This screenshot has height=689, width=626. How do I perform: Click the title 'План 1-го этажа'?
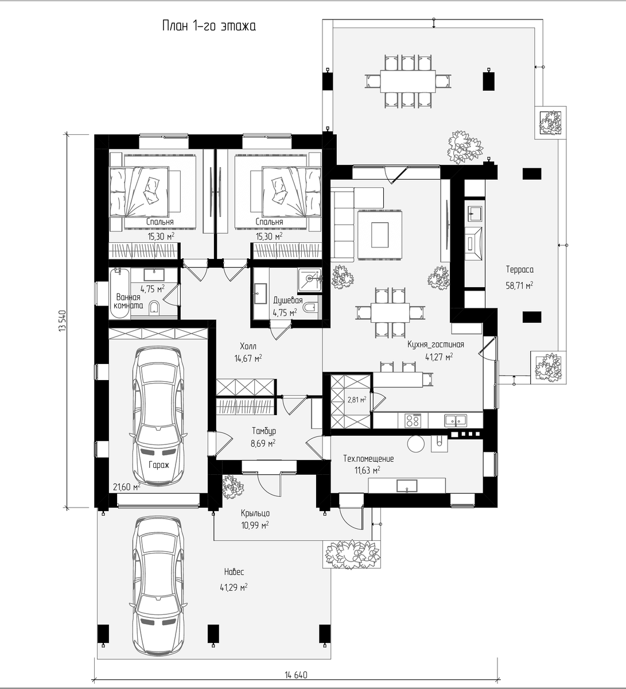(x=209, y=26)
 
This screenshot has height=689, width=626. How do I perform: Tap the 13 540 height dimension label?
(x=62, y=321)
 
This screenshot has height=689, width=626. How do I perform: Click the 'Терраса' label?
(x=519, y=270)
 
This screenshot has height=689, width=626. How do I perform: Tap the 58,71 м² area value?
(x=519, y=285)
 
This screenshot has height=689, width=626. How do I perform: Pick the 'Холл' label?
(x=248, y=346)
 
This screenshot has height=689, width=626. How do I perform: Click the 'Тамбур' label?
(x=264, y=431)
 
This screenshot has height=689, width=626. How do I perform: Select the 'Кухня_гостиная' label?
(x=436, y=344)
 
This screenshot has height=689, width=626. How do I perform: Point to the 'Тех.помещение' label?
(x=368, y=459)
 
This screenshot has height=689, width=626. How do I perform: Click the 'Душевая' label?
(x=288, y=300)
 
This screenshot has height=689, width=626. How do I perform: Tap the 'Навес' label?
(x=234, y=572)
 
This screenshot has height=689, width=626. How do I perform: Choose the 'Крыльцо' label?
(x=255, y=513)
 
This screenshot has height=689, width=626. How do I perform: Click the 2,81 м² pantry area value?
(x=357, y=400)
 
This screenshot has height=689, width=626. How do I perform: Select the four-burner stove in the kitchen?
(x=413, y=420)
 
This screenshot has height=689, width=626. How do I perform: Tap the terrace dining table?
(x=407, y=82)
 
